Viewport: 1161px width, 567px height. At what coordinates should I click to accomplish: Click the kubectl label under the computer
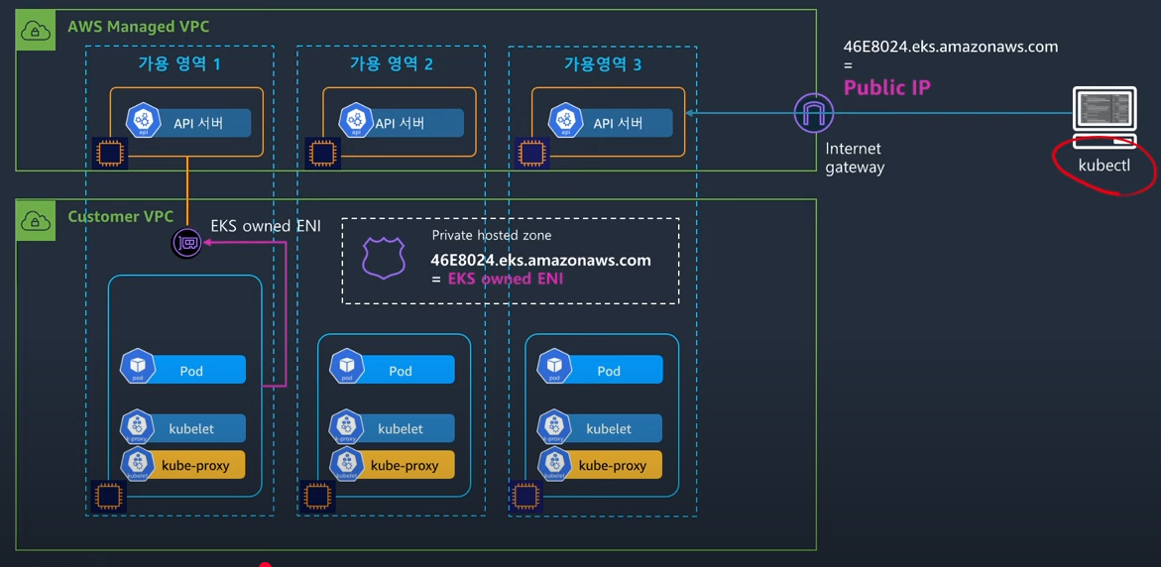1103,166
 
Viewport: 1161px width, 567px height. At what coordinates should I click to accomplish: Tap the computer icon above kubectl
1104,115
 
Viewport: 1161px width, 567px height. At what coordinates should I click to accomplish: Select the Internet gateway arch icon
813,113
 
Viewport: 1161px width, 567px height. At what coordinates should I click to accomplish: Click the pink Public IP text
886,87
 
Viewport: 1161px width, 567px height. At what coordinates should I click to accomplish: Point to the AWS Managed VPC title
138,27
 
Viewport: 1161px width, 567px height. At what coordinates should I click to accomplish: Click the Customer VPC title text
120,216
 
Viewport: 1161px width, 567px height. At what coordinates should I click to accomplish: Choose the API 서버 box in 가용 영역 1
187,123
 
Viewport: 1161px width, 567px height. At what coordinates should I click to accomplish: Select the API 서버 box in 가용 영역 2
400,123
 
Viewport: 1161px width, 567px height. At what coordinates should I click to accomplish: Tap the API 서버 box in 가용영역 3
609,123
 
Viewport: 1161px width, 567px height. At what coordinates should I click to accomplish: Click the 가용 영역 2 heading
391,63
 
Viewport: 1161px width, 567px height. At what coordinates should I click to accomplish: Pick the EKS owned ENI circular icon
186,242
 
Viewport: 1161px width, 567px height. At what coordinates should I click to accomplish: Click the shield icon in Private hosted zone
384,258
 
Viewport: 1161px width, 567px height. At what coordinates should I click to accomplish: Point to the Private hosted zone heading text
491,235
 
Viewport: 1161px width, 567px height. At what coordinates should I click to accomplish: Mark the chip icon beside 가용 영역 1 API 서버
110,154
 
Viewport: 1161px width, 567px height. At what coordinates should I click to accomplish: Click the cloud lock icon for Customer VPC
36,221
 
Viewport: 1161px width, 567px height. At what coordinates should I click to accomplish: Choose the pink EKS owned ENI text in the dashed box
506,279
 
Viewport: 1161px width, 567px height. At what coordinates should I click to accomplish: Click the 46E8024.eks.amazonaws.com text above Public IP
950,47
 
